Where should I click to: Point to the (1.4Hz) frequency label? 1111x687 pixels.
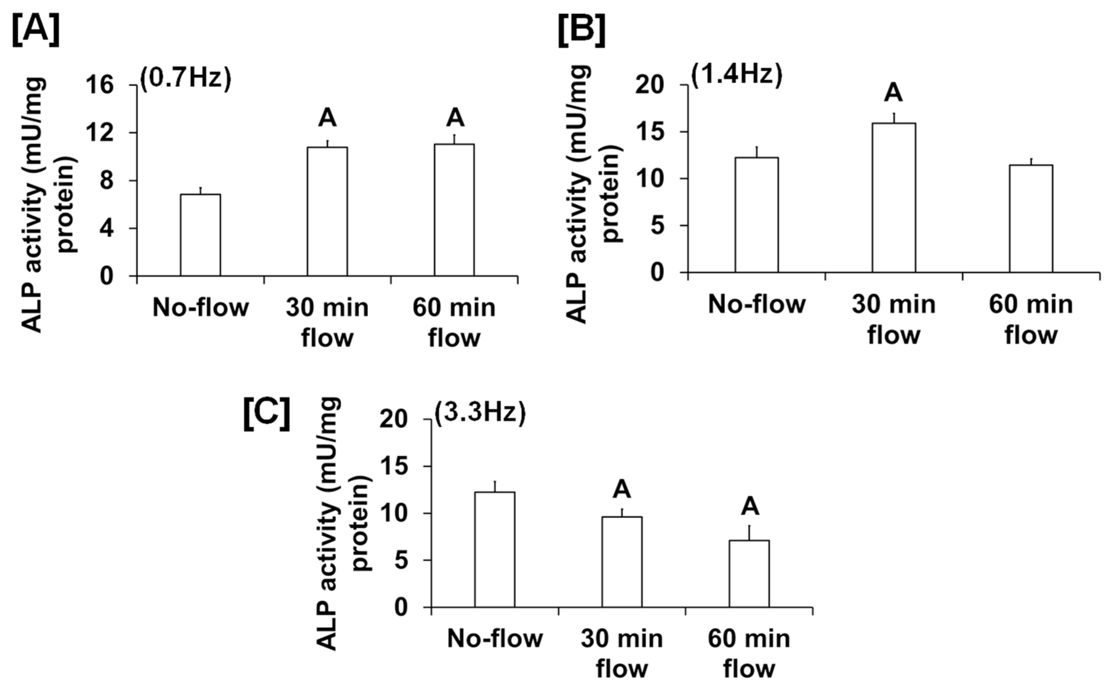point(737,74)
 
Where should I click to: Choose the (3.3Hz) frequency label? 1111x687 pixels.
point(480,414)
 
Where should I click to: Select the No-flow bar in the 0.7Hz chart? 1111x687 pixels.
point(200,235)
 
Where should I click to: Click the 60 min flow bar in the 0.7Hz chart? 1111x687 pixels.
point(454,210)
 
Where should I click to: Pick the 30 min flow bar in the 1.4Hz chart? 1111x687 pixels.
point(894,198)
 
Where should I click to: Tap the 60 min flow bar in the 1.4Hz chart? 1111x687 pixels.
point(1031,218)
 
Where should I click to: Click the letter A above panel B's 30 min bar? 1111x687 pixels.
point(893,93)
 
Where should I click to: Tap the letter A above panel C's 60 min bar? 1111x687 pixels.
point(750,506)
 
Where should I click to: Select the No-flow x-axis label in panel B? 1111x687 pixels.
point(756,304)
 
